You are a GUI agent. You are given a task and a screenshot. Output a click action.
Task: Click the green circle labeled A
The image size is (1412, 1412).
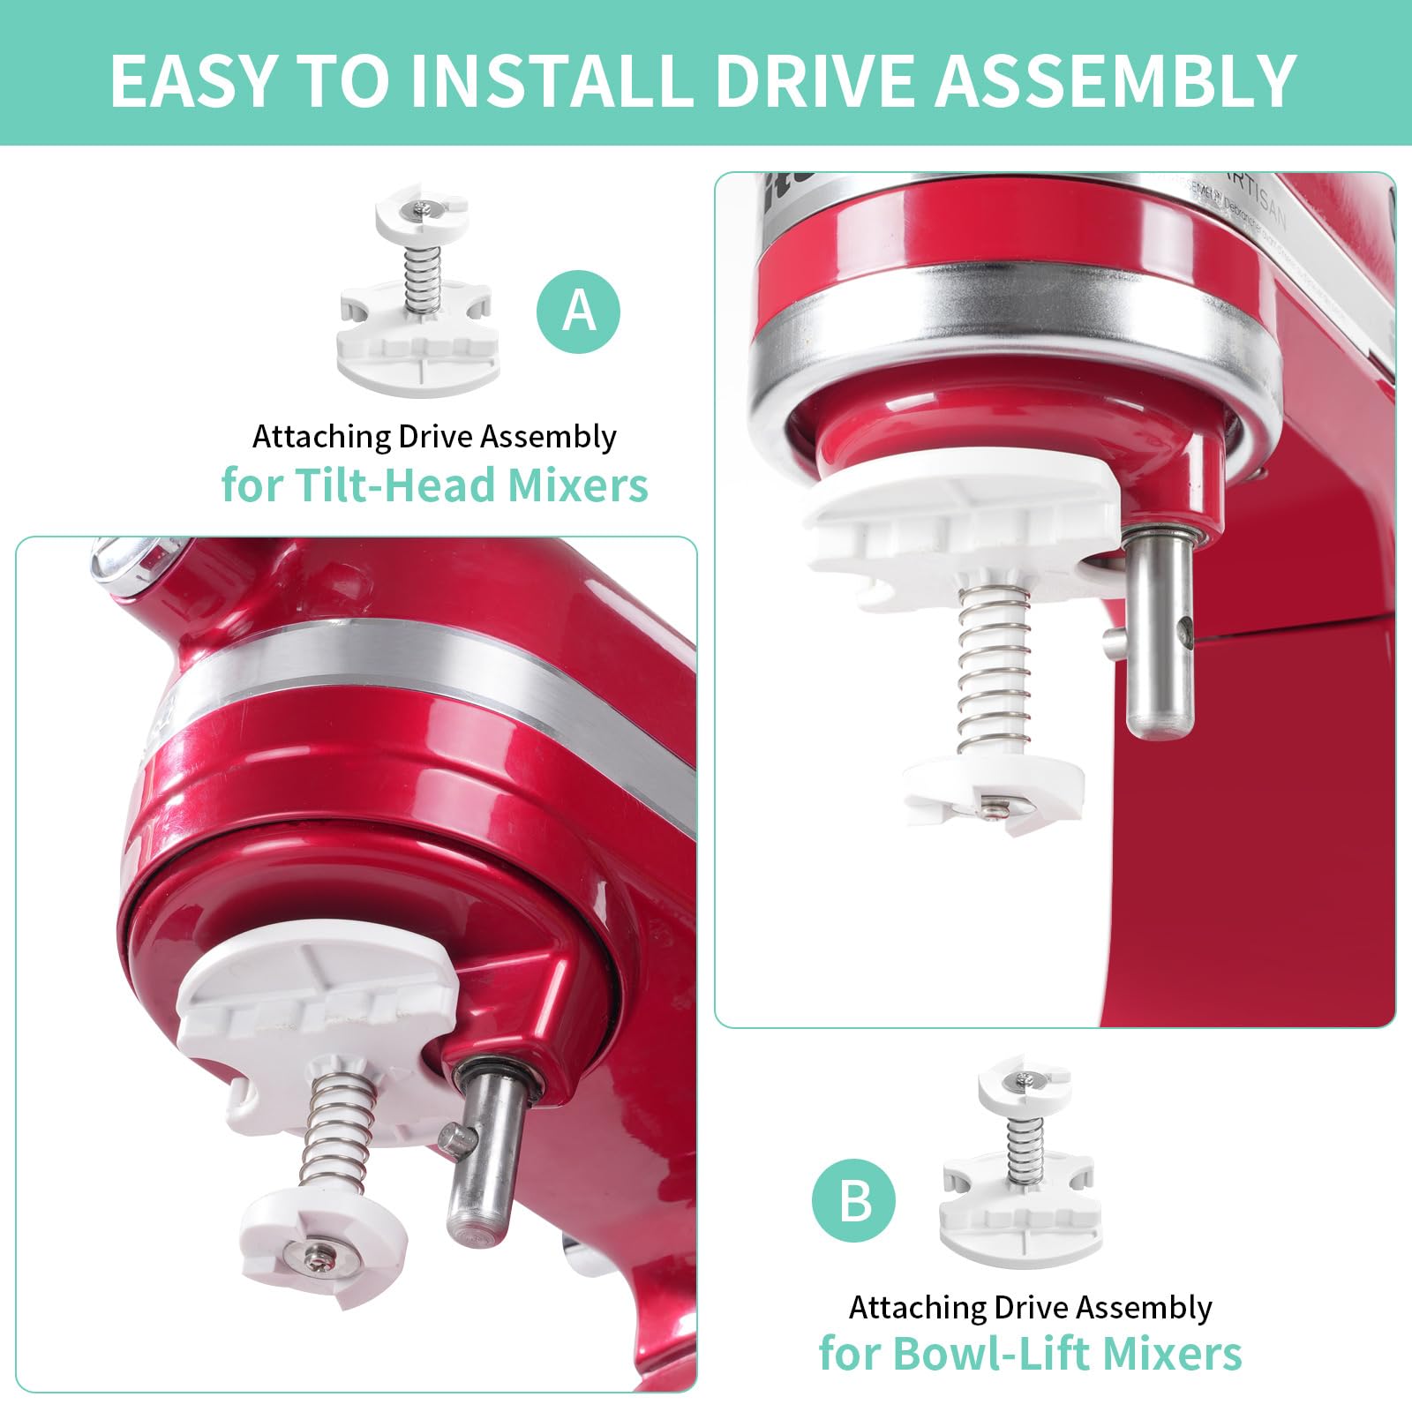[578, 312]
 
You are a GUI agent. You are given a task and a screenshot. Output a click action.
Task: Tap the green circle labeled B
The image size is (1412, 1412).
[853, 1201]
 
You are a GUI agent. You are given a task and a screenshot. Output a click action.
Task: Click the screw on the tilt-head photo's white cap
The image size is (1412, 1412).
[319, 1254]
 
